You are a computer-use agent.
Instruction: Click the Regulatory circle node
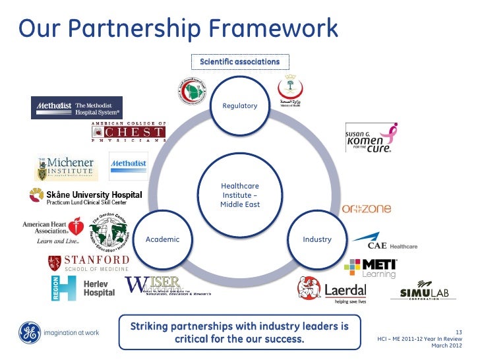coord(240,105)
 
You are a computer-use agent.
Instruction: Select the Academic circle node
coord(162,239)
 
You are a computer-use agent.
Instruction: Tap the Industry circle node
coord(316,239)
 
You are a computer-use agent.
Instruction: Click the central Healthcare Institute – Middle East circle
coord(240,195)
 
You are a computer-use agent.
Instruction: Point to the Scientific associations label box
coord(240,62)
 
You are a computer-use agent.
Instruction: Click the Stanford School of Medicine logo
coord(88,264)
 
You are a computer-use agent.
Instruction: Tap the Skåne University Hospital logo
coord(85,196)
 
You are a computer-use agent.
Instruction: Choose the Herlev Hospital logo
coord(82,288)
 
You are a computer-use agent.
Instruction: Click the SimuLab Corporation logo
coord(427,292)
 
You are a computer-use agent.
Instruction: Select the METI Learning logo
coord(371,266)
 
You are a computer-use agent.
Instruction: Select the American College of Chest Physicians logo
coord(129,132)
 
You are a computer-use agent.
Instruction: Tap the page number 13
coord(459,332)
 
